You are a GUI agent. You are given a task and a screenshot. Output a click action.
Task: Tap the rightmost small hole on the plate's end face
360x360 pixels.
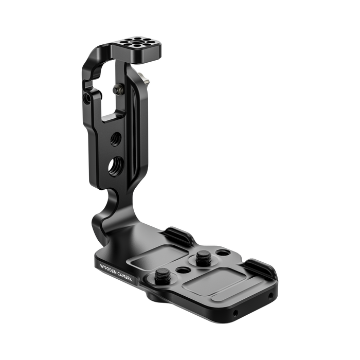click(272, 296)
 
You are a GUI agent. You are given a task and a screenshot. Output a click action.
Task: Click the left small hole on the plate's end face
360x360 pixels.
click(235, 313)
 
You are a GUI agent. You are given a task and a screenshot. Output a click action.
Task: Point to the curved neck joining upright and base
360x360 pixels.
click(105, 213)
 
